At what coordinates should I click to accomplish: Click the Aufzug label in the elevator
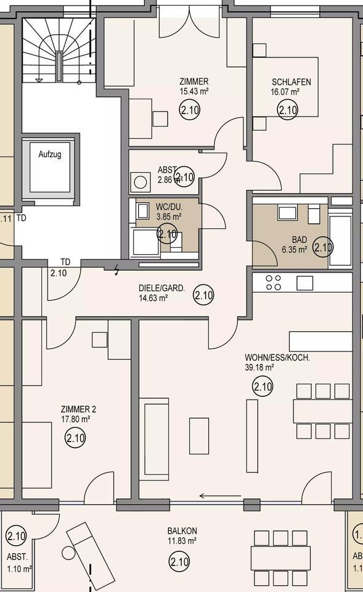pyautogui.click(x=50, y=154)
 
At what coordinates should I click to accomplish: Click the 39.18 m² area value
pyautogui.click(x=259, y=367)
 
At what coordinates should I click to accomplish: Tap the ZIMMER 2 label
pyautogui.click(x=78, y=409)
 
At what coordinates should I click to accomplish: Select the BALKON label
pyautogui.click(x=182, y=530)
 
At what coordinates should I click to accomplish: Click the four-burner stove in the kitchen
pyautogui.click(x=273, y=282)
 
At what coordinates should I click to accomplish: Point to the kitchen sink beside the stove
pyautogui.click(x=305, y=283)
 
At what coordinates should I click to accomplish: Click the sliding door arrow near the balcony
pyautogui.click(x=219, y=495)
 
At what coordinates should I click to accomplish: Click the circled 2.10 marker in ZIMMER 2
pyautogui.click(x=75, y=438)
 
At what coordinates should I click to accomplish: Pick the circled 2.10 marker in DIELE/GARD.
pyautogui.click(x=203, y=295)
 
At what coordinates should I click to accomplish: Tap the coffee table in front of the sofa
pyautogui.click(x=199, y=435)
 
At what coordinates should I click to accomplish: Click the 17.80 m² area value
pyautogui.click(x=76, y=419)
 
